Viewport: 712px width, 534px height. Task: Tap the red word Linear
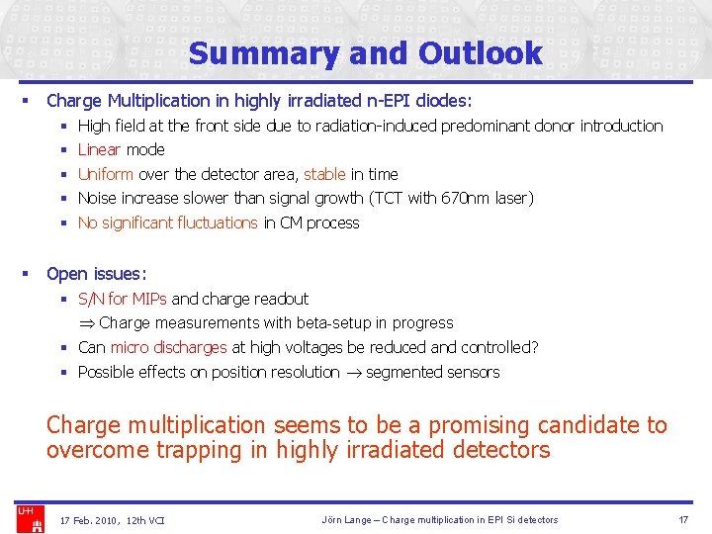pyautogui.click(x=99, y=149)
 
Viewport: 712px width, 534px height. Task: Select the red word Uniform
pyautogui.click(x=105, y=174)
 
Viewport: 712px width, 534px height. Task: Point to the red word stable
pyautogui.click(x=324, y=174)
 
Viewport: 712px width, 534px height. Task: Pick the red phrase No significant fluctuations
pyautogui.click(x=167, y=222)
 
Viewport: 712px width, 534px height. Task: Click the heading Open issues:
pyautogui.click(x=96, y=274)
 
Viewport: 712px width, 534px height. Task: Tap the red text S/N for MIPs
pyautogui.click(x=122, y=299)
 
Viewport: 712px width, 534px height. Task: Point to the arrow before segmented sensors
pyautogui.click(x=352, y=373)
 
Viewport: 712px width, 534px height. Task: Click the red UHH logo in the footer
pyautogui.click(x=25, y=511)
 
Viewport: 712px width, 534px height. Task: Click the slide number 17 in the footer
pyautogui.click(x=682, y=520)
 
